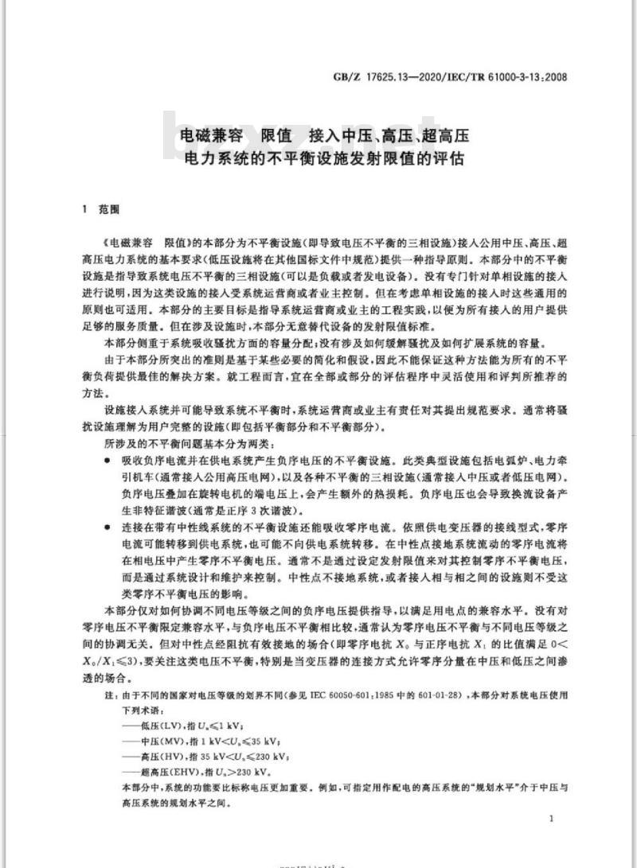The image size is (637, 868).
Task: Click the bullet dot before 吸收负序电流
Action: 107,461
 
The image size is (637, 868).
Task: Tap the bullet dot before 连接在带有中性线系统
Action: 107,526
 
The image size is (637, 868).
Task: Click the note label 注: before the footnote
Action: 110,695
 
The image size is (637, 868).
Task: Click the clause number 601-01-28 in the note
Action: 450,695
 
